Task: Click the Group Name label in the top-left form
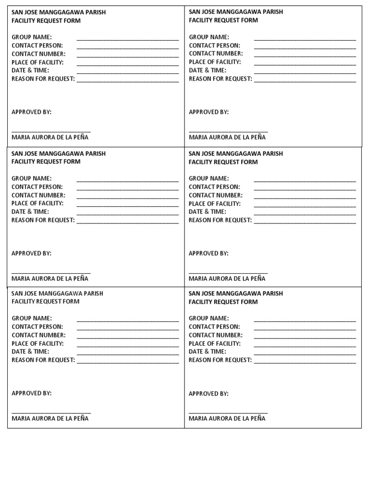tap(32, 37)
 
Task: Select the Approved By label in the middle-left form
tap(32, 253)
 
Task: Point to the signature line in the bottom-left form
tap(51, 412)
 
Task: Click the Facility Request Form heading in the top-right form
tap(223, 20)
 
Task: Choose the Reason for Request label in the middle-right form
tap(221, 220)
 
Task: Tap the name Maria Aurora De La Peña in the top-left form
tap(50, 137)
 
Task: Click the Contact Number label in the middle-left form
tap(38, 195)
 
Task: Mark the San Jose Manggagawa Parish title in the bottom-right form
tap(236, 293)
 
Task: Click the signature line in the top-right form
tap(228, 131)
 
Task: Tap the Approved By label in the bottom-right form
tap(209, 394)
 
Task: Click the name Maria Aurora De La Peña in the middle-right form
tap(227, 279)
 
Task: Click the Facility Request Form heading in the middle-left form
tap(46, 162)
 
